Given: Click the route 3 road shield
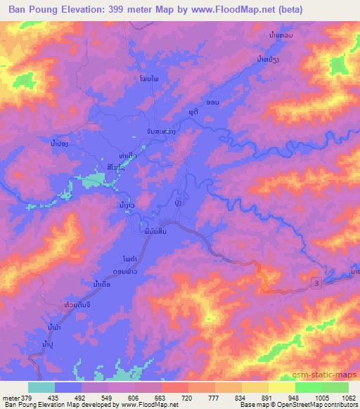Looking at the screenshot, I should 317,282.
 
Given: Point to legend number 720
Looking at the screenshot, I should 167,398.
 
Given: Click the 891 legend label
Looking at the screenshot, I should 248,398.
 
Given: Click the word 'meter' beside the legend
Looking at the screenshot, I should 11,398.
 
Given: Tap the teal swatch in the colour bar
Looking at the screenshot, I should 41,387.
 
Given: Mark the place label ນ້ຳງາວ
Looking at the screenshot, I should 127,204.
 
